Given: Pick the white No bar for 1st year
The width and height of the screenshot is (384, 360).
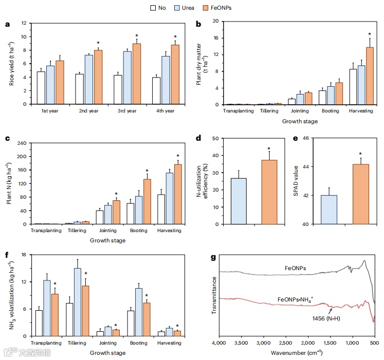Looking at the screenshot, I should [x=41, y=88].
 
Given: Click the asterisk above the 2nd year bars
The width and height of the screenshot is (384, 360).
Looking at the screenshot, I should [x=98, y=43].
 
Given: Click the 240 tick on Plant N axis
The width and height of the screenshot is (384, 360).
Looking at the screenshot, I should [x=21, y=142].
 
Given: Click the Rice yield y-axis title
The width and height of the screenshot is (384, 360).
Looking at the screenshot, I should [x=11, y=64].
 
